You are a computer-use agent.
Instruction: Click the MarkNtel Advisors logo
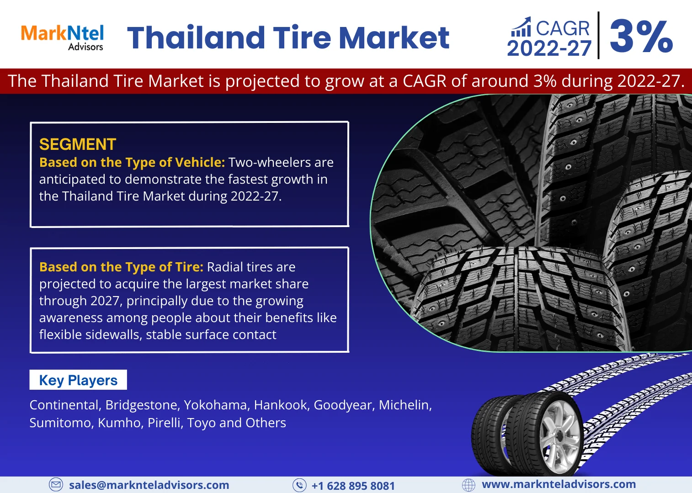click(63, 37)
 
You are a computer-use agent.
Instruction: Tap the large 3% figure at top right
click(641, 37)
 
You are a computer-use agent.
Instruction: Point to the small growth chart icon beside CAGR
click(521, 27)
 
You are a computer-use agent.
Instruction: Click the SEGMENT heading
click(78, 144)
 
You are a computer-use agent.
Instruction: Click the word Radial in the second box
click(224, 267)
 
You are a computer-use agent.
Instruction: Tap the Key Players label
click(78, 380)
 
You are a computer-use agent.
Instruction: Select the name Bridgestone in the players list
click(143, 405)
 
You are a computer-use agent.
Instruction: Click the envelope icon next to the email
click(56, 485)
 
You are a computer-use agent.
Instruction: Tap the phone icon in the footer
click(299, 485)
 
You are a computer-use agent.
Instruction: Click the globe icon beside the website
click(468, 485)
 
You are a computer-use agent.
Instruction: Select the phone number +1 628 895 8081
click(353, 486)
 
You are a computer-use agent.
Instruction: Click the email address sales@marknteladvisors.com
click(149, 485)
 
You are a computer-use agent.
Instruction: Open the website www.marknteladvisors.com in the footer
click(559, 484)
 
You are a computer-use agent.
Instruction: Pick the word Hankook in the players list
click(281, 405)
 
